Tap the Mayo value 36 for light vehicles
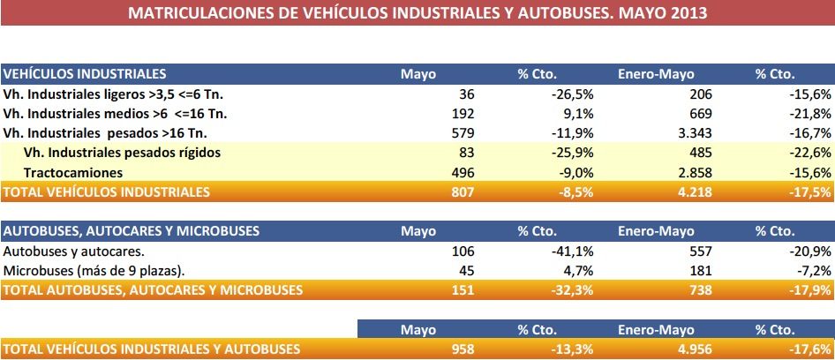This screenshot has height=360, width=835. tap(466, 94)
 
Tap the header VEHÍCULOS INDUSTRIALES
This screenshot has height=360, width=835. tap(85, 73)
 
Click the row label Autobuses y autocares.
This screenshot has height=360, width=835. tap(74, 251)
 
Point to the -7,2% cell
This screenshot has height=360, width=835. tap(812, 270)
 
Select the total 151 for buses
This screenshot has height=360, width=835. tap(463, 289)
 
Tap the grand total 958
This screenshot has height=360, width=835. tap(463, 349)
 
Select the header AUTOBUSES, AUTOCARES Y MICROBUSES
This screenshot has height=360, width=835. tap(132, 230)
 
